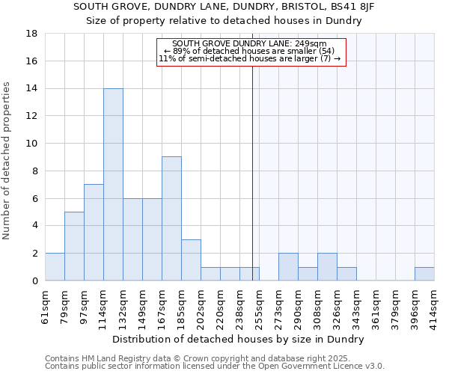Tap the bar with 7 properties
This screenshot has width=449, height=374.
pyautogui.click(x=94, y=232)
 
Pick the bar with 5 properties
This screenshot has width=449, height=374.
pyautogui.click(x=74, y=246)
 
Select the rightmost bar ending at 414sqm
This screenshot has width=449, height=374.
pyautogui.click(x=424, y=274)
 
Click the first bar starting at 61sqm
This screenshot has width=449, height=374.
pyautogui.click(x=55, y=267)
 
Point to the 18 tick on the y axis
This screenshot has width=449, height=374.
pyautogui.click(x=32, y=34)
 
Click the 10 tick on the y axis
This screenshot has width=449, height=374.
pyautogui.click(x=32, y=144)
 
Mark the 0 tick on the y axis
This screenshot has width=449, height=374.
pyautogui.click(x=34, y=280)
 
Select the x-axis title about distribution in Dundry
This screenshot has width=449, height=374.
pyautogui.click(x=239, y=339)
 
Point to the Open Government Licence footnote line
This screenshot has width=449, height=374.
pyautogui.click(x=215, y=366)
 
